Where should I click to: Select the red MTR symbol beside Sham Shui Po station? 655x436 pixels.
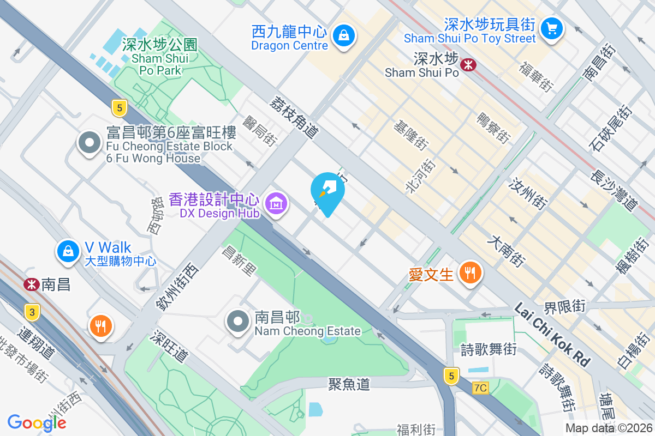pos(468,65)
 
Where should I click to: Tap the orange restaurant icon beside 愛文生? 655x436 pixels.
pos(469,272)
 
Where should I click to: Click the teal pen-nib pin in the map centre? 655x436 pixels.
pos(327,192)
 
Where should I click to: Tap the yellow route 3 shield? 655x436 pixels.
pos(32,312)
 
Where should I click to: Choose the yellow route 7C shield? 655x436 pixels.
pos(480,387)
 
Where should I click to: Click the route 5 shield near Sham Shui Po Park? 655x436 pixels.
pos(118,107)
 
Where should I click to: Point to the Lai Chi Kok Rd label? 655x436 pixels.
pos(552,335)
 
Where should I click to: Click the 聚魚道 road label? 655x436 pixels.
pos(349,384)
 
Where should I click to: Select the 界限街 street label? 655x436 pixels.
pos(564,307)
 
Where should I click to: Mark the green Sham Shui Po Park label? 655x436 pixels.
pos(159,57)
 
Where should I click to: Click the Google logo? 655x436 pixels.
pos(37,423)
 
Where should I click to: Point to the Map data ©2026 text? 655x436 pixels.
pos(609,428)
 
